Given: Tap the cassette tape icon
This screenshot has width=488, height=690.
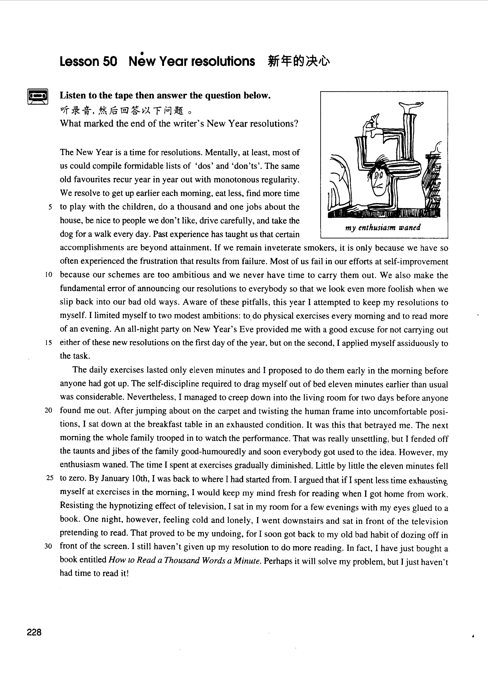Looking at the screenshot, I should click(38, 96).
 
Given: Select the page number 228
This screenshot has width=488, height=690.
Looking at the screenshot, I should click(34, 633).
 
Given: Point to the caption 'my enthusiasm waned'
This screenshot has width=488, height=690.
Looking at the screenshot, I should click(383, 228).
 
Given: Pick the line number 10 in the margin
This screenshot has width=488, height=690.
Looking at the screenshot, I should click(49, 275).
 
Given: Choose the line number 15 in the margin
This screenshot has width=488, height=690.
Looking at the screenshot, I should click(49, 343).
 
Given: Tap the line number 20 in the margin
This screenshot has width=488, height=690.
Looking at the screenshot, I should click(48, 410).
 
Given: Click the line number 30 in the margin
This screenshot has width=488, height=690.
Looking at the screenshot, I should click(48, 546).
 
